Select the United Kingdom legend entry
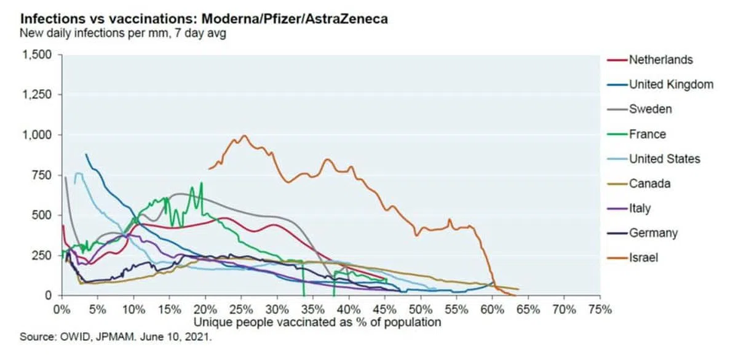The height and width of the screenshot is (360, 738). click(670, 85)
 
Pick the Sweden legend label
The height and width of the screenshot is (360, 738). click(650, 110)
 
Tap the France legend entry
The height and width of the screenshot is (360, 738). click(647, 134)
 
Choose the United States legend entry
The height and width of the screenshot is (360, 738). click(664, 159)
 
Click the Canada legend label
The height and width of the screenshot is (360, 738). click(649, 183)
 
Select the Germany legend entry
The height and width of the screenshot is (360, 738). click(653, 233)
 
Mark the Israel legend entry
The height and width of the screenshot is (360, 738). click(643, 258)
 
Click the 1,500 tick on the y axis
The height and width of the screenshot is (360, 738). click(38, 55)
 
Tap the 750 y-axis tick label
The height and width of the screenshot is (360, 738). click(42, 175)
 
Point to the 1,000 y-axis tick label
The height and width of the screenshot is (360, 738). click(38, 135)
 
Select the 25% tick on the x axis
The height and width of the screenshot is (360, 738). click(240, 308)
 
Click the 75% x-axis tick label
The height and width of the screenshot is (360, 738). click(600, 308)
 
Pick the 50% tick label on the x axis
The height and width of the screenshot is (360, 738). click(420, 308)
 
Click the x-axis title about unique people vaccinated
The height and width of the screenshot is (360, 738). click(318, 322)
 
